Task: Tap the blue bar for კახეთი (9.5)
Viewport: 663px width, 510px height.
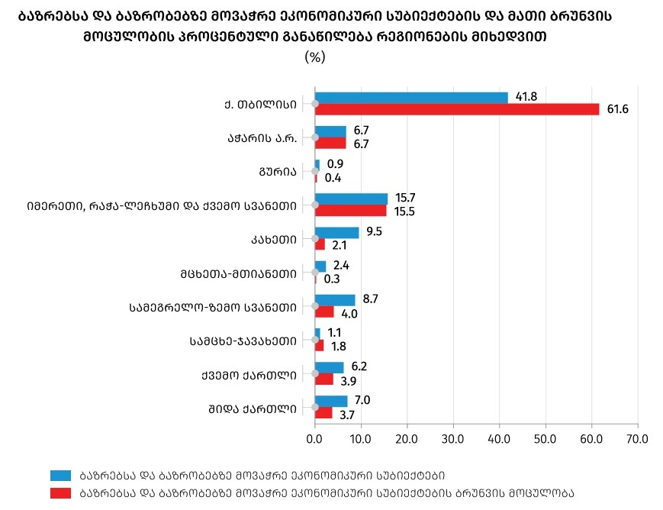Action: point(336,232)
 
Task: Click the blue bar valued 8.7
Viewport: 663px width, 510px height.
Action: point(335,300)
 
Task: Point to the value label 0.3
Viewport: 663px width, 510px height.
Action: point(332,279)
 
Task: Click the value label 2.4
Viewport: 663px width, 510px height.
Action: point(341,266)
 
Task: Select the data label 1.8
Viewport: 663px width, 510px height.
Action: point(339,346)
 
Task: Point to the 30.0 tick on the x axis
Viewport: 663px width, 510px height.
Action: point(453,439)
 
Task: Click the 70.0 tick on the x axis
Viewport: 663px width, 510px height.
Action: point(637,439)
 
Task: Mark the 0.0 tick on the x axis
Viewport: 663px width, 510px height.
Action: point(314,439)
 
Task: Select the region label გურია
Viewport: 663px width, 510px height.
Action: point(277,171)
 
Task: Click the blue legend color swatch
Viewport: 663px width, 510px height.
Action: point(60,474)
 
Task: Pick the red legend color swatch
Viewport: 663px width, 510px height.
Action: point(60,492)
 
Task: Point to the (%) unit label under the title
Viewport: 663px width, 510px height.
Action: point(314,57)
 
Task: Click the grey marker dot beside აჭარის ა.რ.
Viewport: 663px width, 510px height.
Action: point(314,137)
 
